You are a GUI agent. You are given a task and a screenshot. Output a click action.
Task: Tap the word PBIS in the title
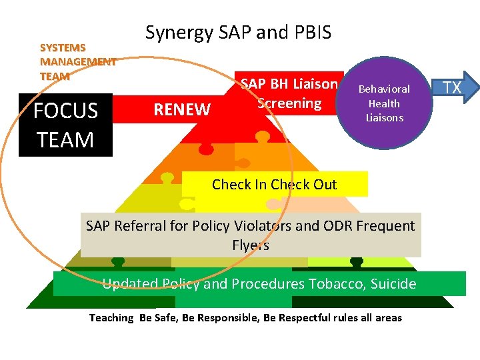tap(313, 32)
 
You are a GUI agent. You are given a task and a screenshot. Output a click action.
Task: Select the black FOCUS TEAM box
tap(65, 125)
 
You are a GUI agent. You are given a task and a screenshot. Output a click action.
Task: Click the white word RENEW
tap(182, 109)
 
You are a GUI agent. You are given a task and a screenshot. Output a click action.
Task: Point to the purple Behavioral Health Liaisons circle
tap(384, 103)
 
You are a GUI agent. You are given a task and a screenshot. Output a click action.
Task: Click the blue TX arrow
tap(455, 87)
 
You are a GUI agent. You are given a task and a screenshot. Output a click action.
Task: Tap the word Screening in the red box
tap(289, 103)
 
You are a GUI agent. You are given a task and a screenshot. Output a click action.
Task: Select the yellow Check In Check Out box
tap(275, 184)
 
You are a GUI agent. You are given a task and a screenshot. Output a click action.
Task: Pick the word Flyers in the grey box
tap(251, 245)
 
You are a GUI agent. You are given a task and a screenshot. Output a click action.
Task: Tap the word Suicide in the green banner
tap(393, 284)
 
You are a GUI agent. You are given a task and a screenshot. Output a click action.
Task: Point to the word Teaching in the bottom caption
tap(111, 318)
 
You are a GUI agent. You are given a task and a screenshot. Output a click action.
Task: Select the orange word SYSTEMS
tap(63, 48)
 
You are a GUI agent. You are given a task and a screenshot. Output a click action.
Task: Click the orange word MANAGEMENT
tap(78, 62)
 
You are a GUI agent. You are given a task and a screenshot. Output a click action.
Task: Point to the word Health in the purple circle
tap(384, 103)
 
